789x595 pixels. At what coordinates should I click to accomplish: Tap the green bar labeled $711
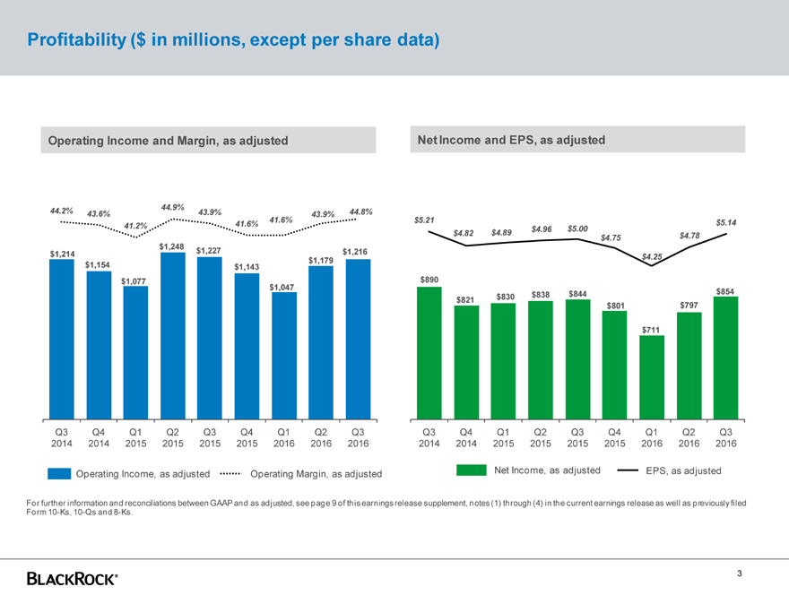pos(653,377)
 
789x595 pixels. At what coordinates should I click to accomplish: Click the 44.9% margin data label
pos(173,207)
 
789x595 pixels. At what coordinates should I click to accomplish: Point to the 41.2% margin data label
pos(136,226)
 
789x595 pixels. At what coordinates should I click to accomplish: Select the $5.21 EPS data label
pos(425,220)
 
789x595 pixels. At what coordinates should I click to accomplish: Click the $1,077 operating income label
pos(134,281)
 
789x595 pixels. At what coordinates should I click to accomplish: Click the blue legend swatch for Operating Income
pos(59,473)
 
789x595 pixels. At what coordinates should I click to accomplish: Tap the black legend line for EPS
pos(628,470)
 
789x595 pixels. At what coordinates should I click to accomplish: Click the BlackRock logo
pos(72,579)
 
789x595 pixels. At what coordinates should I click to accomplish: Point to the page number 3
pos(740,574)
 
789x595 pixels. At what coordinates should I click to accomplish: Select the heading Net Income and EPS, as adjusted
pos(511,140)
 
